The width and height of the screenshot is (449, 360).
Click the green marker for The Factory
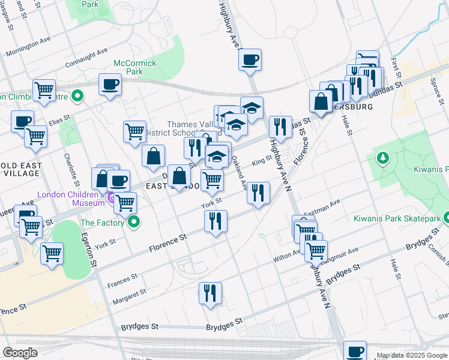pos(135,223)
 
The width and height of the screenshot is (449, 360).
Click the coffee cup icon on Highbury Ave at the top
pos(250,59)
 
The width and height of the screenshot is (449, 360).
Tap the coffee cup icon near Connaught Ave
pos(110,84)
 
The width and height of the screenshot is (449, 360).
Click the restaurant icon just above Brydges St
pos(209,293)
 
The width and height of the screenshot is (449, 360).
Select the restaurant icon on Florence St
pos(215,221)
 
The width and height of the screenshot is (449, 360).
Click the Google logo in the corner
pos(20,352)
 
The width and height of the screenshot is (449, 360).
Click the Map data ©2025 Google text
pos(412,355)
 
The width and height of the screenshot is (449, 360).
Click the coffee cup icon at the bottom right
pos(355,351)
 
